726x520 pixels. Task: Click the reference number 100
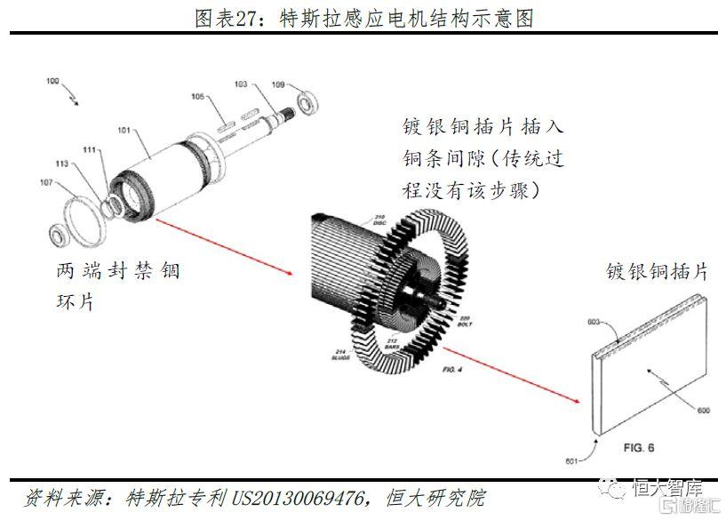point(53,81)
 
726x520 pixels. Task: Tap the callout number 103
point(240,84)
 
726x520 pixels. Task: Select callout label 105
point(197,96)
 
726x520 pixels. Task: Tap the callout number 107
point(47,183)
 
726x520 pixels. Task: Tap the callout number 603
point(594,321)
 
